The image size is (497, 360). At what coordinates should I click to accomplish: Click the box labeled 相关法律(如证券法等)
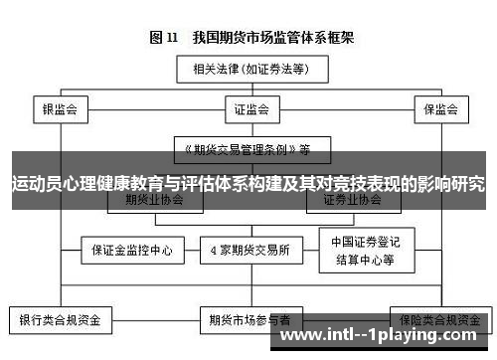click(249, 69)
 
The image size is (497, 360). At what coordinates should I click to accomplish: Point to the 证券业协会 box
click(352, 200)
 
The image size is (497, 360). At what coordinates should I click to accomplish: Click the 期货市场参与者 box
click(249, 320)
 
